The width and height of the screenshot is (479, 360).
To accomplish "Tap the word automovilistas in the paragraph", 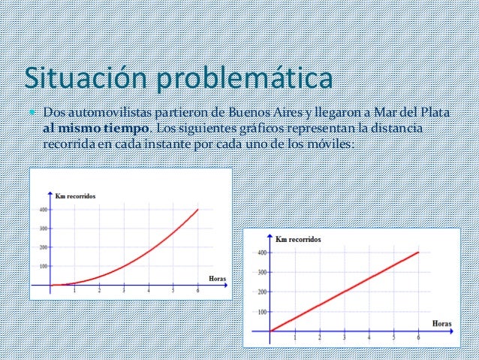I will pos(112,113).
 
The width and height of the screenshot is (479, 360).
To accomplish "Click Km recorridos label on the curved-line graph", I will pos(76,196).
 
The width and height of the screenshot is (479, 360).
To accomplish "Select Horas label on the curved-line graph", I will pos(217,278).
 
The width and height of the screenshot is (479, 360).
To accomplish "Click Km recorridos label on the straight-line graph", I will pos(298,239).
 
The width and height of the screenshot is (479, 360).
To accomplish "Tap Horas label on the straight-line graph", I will pos(442,323).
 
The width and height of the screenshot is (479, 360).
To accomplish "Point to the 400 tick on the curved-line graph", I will pos(42,210).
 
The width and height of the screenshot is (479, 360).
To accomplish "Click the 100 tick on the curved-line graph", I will pos(42,266).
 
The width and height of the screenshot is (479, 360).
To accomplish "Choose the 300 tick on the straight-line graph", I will pos(261,272).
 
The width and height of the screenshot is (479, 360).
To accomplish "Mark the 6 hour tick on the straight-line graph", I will pos(417,337).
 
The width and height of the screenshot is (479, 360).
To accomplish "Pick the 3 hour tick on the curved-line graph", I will pos(124,291).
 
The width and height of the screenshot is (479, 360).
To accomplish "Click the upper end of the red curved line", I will pos(198,209).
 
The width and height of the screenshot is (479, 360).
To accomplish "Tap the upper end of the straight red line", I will pos(418,252).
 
